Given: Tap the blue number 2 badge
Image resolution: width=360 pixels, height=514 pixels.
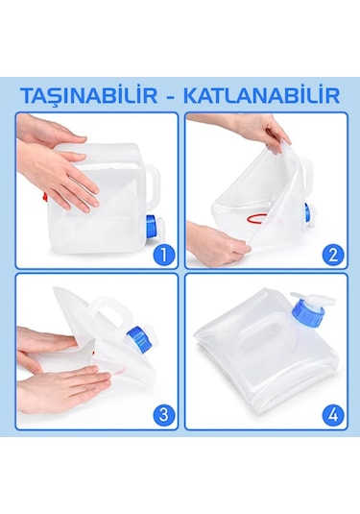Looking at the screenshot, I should (334, 255).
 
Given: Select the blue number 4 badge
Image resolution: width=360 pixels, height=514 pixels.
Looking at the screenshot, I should (334, 415).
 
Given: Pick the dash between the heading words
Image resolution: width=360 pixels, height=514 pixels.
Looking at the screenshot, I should (180, 95).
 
